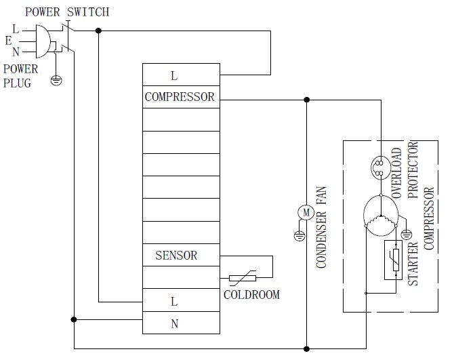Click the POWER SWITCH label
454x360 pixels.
tap(66, 12)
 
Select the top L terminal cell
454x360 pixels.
tap(181, 75)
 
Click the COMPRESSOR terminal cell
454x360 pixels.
tap(181, 97)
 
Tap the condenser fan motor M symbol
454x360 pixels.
tap(306, 212)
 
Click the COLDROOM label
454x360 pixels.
tap(251, 295)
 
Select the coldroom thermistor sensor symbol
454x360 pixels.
tap(243, 278)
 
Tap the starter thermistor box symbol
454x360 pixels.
tap(394, 260)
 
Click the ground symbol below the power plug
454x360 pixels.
tap(56, 81)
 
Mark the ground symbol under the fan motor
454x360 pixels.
tap(297, 237)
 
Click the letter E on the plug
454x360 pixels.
tap(9, 41)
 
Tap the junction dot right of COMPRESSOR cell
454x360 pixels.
tap(306, 100)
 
